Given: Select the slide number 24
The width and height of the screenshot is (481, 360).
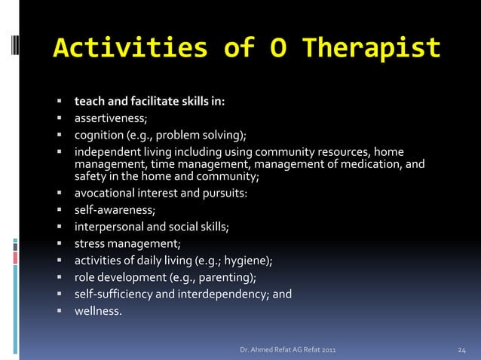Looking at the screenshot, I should [464, 350].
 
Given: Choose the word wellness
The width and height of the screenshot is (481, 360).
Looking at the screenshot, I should [97, 310].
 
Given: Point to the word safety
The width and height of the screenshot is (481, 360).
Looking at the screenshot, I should [90, 177].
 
